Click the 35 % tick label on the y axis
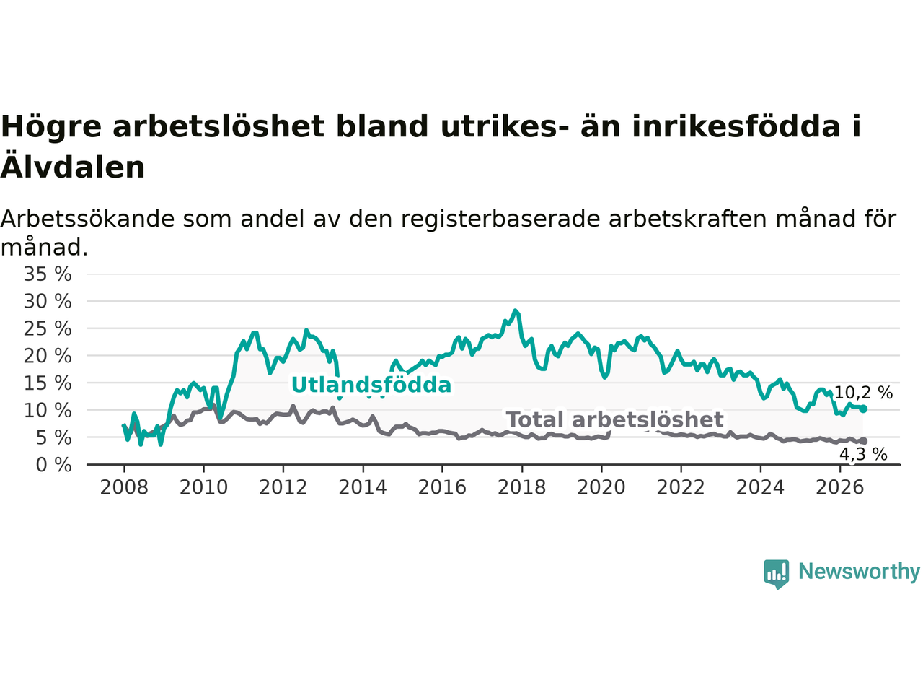coord(48,274)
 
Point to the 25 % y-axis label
coord(48,328)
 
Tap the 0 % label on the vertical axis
coord(54,466)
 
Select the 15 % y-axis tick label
coord(48,383)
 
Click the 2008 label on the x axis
coord(124,488)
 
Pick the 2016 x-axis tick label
coord(442,488)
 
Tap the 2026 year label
coord(840,488)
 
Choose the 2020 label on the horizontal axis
coord(601,488)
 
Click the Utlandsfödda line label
coord(371,385)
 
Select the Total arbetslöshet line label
coord(615,420)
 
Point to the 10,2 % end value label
coord(863,393)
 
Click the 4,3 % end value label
coord(863,455)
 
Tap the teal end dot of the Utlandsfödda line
coord(863,409)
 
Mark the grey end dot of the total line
coord(863,441)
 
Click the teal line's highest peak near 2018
coord(515,311)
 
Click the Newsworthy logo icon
coord(776,574)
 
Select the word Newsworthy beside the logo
coord(859,572)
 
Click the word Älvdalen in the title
coord(73,167)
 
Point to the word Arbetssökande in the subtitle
coord(87,219)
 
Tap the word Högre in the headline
coord(51,126)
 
